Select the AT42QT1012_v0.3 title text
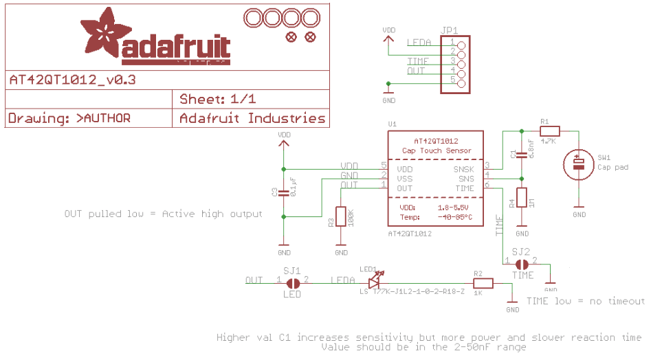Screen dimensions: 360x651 coord(72,80)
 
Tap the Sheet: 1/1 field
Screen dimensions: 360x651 coord(218,99)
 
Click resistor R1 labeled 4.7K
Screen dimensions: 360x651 coord(549,131)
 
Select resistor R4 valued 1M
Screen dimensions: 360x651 coord(522,198)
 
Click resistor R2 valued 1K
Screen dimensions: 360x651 coord(483,282)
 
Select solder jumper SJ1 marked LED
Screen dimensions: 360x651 coord(292,282)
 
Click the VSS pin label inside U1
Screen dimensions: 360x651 coord(404,179)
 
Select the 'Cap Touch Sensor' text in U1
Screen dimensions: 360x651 coord(437,150)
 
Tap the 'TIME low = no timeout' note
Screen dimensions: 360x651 coord(585,302)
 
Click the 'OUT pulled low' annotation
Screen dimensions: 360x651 coord(163,214)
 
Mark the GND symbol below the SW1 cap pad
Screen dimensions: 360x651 coord(579,210)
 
